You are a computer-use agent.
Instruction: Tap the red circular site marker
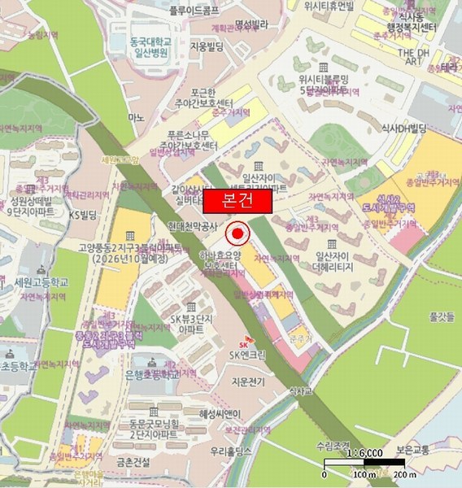[x=237, y=235]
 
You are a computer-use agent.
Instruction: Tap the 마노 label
[x=136, y=118]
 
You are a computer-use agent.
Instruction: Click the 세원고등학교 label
[x=41, y=282]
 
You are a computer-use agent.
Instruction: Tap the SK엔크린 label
[x=249, y=355]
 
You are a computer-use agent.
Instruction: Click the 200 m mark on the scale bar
[x=394, y=474]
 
